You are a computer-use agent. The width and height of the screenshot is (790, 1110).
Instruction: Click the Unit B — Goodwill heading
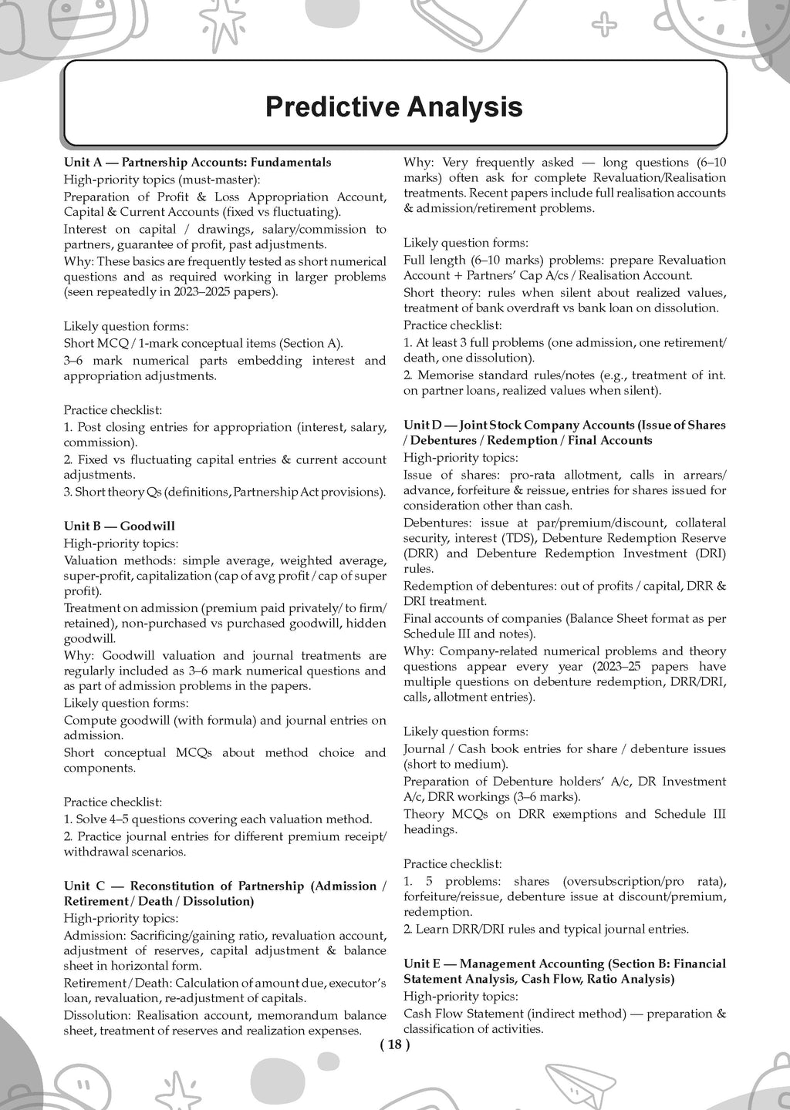pyautogui.click(x=120, y=526)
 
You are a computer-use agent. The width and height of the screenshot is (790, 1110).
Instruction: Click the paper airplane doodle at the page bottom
pyautogui.click(x=574, y=1083)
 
